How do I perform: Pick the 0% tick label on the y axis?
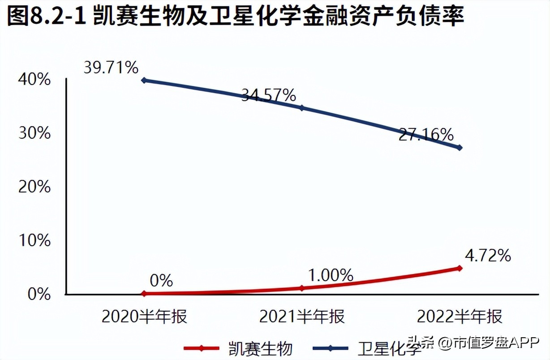tap(39, 295)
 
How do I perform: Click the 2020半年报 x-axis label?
tap(144, 317)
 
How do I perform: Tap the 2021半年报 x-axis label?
tap(302, 317)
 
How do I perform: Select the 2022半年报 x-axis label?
tap(460, 317)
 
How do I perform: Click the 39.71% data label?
tap(111, 68)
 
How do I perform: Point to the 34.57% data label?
tap(268, 95)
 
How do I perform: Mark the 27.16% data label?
tap(426, 134)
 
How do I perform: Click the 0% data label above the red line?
tap(161, 281)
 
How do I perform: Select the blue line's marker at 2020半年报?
tap(144, 81)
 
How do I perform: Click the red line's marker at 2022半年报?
tap(460, 268)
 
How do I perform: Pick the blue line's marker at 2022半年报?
tap(460, 148)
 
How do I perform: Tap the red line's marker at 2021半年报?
tap(302, 288)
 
